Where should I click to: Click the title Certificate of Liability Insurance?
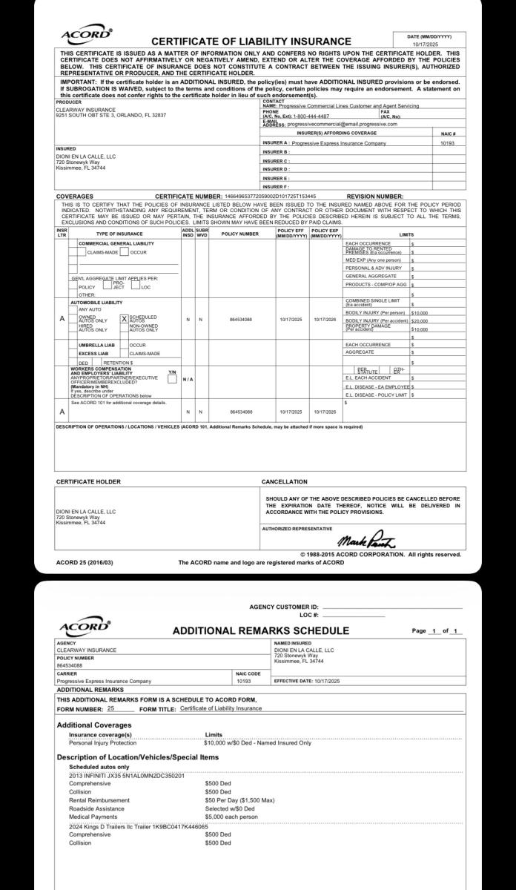pyautogui.click(x=251, y=42)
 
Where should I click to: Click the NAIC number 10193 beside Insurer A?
pyautogui.click(x=446, y=142)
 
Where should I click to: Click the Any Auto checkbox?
pyautogui.click(x=73, y=309)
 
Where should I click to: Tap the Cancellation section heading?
pyautogui.click(x=285, y=481)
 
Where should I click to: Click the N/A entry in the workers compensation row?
pyautogui.click(x=188, y=379)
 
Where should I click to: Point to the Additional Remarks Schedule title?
pyautogui.click(x=260, y=631)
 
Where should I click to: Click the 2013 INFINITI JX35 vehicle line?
pyautogui.click(x=126, y=775)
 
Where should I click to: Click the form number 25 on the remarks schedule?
pyautogui.click(x=110, y=708)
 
